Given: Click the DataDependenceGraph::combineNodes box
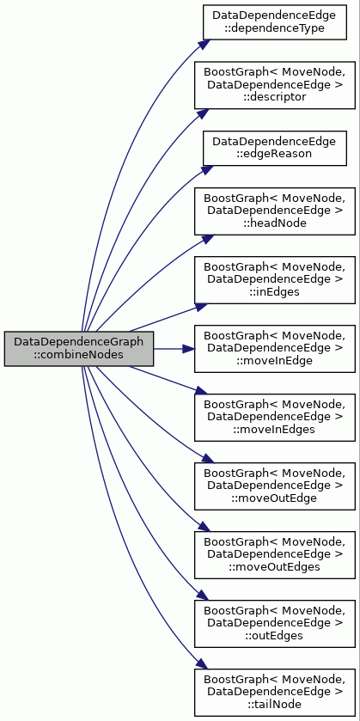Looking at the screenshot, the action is tap(79, 349).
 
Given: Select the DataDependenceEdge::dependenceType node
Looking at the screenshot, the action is tap(274, 21).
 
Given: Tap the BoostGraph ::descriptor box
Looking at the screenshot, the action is tap(274, 85).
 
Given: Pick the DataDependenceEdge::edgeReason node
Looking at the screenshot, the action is tap(274, 148).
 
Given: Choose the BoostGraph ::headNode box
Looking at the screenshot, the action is tap(274, 211).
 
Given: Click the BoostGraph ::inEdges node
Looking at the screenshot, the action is tap(274, 280).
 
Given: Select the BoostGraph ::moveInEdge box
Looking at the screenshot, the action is tap(274, 349).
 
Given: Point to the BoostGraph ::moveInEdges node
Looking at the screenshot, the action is tap(274, 418).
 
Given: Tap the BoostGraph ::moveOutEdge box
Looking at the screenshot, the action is tap(274, 486).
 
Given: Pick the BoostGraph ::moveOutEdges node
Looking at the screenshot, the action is tap(274, 555).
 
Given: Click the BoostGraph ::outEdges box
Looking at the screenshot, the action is tap(274, 624).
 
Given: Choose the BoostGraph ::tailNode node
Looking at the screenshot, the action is tap(274, 693).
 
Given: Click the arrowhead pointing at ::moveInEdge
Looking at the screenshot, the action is tap(188, 349).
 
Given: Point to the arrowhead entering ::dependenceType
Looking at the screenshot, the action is tap(204, 44).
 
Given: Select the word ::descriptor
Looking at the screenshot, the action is tap(274, 97).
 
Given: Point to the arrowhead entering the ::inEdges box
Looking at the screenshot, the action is tap(202, 306).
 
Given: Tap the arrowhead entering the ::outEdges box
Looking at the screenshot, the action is tap(203, 596).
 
